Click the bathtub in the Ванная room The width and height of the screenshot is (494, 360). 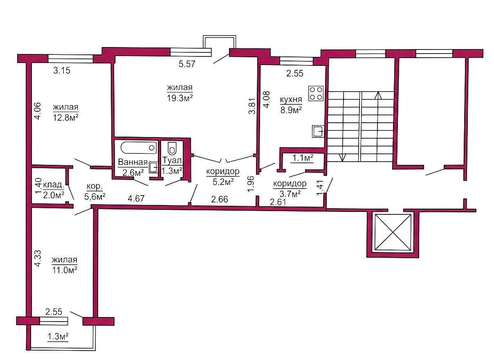[139, 148]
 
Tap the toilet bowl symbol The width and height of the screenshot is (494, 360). [172, 148]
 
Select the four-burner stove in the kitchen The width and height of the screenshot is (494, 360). [316, 94]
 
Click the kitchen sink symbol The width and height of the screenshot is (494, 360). [318, 131]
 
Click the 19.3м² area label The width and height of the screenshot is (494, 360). [180, 98]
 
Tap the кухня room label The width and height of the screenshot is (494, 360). [291, 100]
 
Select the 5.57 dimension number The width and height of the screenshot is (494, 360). [187, 64]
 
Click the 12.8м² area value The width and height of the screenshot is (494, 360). [65, 117]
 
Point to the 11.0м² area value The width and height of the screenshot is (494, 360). [65, 270]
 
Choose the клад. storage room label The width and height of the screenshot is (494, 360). [54, 185]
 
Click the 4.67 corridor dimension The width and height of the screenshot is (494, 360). [136, 198]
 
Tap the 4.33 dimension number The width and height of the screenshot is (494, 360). [38, 258]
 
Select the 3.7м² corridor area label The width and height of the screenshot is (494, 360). [290, 194]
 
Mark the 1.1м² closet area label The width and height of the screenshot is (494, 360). [303, 158]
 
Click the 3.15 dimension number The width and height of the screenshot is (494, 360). [62, 71]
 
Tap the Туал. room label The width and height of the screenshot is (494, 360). [173, 161]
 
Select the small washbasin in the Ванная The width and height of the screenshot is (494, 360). [153, 167]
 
